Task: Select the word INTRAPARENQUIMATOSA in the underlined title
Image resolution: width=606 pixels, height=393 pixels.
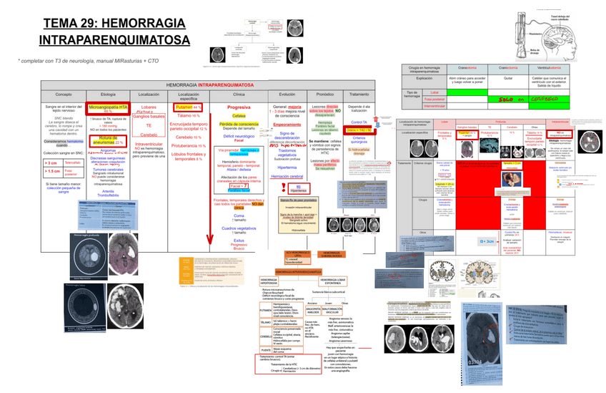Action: point(114,40)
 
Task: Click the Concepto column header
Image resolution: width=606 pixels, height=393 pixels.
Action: point(64,94)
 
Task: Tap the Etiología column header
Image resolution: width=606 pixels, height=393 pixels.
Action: point(108,94)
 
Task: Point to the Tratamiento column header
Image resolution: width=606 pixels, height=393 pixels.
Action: point(359,94)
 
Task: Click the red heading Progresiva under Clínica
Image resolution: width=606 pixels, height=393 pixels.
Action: point(239,107)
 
